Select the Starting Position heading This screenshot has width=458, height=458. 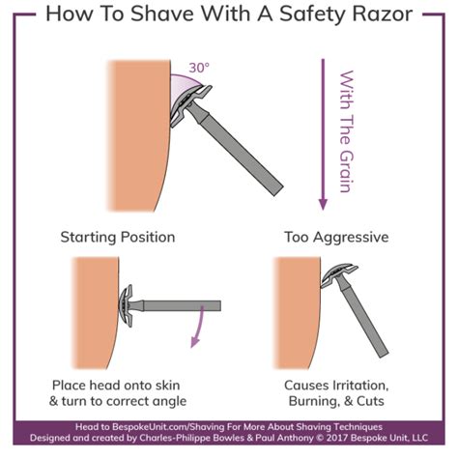118,237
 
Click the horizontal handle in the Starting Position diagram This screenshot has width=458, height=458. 179,306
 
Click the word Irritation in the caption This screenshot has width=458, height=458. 358,384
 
